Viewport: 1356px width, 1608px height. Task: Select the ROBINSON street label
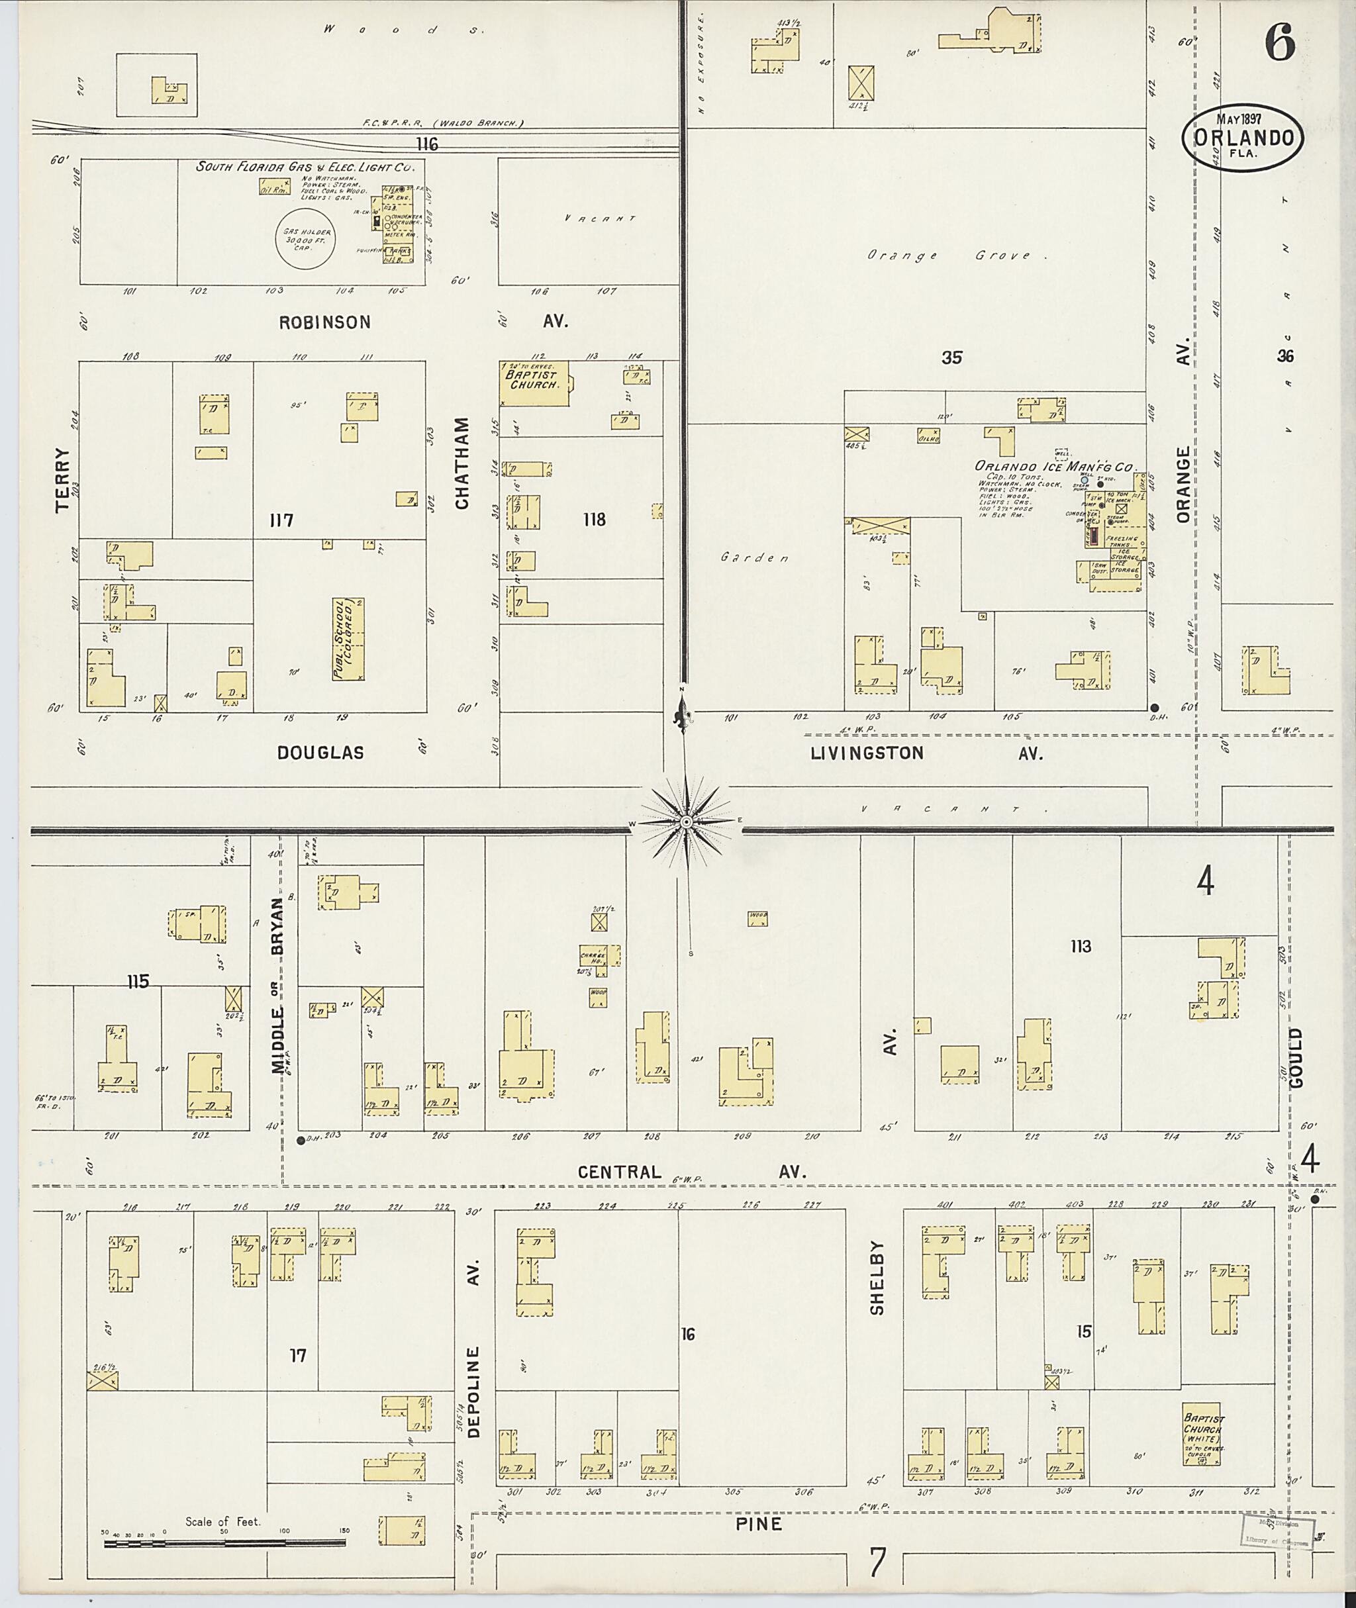tap(324, 322)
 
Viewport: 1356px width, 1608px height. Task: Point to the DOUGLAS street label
tap(320, 753)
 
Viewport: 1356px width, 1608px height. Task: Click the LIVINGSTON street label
tap(866, 753)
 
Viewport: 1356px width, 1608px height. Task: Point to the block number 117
tap(281, 520)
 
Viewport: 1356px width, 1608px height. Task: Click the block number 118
tap(593, 520)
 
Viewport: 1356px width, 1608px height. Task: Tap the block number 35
tap(951, 357)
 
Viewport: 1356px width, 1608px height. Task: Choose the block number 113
tap(1080, 946)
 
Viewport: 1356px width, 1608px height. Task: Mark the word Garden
tap(755, 558)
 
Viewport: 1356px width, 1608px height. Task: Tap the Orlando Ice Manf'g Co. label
tap(1055, 467)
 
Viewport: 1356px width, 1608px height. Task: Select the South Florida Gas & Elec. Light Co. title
tap(305, 166)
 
